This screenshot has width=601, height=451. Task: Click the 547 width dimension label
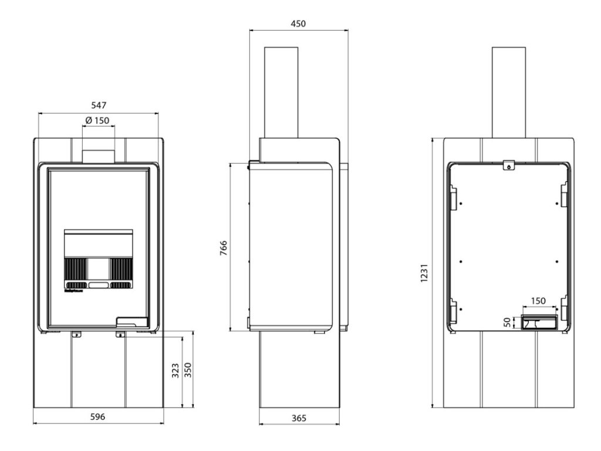[98, 106]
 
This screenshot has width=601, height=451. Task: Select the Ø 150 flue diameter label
[97, 120]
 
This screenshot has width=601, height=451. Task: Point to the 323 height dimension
[175, 371]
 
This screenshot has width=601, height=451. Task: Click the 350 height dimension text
[188, 371]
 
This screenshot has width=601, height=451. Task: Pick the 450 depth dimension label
[298, 23]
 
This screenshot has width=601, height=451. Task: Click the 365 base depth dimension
[298, 418]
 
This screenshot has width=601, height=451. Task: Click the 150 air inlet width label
[538, 301]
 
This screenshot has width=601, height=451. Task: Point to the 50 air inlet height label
[509, 321]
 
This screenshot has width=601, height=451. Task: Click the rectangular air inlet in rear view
[538, 322]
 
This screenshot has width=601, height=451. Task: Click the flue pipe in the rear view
[509, 92]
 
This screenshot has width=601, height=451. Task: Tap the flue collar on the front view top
[98, 156]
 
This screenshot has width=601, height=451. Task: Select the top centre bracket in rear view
[509, 164]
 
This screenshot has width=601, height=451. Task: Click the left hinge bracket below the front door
[76, 334]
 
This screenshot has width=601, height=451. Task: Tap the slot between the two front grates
[98, 285]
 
